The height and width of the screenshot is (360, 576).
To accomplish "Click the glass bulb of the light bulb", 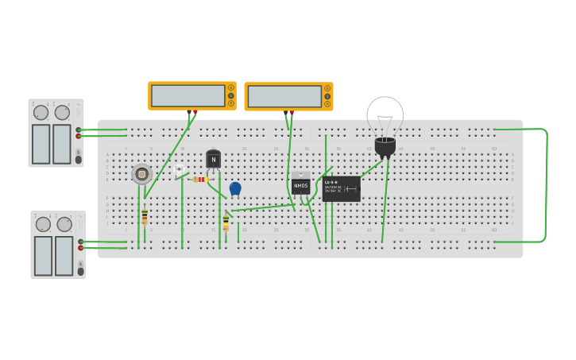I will click(x=385, y=115).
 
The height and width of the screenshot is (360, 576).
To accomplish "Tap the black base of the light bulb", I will click(x=385, y=146).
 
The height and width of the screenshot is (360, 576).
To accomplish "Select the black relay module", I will click(x=342, y=188).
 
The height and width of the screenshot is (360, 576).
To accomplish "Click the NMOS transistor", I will click(x=300, y=184).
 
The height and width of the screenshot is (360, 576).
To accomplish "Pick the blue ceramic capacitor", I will click(x=235, y=188).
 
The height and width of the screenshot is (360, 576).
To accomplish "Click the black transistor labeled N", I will click(x=213, y=159).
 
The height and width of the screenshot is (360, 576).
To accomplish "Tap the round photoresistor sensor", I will click(x=141, y=173).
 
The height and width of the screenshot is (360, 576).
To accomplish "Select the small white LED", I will click(x=180, y=169).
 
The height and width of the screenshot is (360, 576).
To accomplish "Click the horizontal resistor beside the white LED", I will click(x=199, y=180).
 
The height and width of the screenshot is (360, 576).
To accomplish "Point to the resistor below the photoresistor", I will click(x=145, y=217).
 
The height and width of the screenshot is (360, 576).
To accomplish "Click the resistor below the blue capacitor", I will click(x=226, y=223).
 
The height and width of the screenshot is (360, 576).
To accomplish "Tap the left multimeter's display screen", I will click(x=187, y=95).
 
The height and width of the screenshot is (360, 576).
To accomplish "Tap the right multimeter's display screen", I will click(x=284, y=96).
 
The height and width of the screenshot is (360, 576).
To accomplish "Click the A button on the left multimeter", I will click(x=231, y=87).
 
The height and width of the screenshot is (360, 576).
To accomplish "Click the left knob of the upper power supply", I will click(x=41, y=113).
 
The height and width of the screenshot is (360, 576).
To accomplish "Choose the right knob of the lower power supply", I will click(x=64, y=225).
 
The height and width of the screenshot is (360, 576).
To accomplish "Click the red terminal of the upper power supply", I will click(x=79, y=136).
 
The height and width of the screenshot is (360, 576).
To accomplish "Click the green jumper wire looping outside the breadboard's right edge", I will click(x=547, y=184).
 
